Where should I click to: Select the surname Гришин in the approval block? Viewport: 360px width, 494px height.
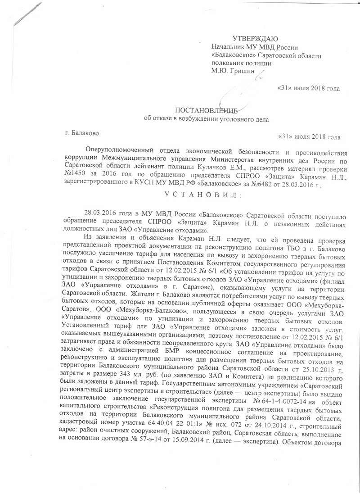click(243, 70)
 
